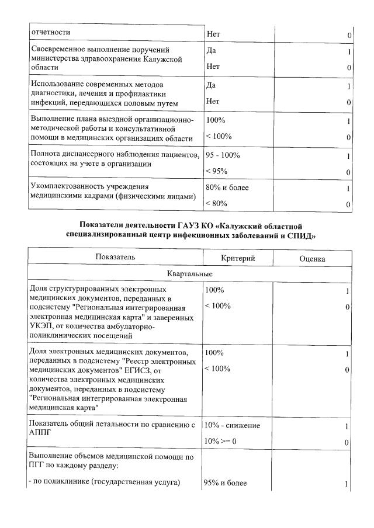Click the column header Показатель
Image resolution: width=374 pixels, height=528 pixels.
click(116, 256)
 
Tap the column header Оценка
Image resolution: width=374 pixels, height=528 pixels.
click(312, 259)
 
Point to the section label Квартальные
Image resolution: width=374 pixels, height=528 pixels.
click(189, 273)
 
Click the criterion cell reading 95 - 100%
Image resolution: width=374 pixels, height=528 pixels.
click(223, 156)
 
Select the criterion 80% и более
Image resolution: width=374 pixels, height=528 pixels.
click(227, 188)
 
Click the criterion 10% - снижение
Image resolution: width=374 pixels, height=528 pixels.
click(233, 425)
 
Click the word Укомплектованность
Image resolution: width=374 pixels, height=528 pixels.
click(67, 187)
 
